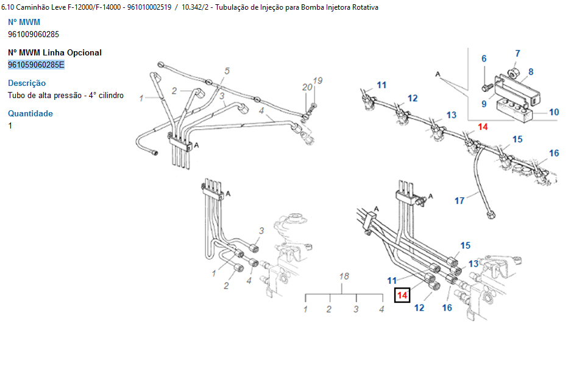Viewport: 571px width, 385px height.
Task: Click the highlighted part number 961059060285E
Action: (x=36, y=65)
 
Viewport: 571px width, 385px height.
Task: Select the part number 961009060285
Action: (x=34, y=34)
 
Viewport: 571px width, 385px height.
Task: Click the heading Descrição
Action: (x=27, y=83)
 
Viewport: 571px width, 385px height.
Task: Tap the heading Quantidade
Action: (x=30, y=113)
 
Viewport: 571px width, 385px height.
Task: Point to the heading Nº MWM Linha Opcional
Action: (x=55, y=52)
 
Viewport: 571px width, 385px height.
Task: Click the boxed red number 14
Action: (x=402, y=295)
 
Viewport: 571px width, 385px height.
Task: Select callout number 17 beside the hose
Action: (x=459, y=200)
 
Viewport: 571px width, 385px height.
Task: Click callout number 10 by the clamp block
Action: (x=553, y=112)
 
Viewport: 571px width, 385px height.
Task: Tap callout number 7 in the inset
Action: (x=517, y=54)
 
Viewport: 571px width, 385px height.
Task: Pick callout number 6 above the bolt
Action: (x=484, y=59)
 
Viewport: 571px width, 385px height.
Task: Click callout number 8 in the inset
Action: (x=531, y=72)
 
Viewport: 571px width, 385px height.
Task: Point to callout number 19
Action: (x=317, y=80)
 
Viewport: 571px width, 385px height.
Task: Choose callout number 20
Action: (x=306, y=87)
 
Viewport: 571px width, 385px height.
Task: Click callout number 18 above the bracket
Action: (x=344, y=277)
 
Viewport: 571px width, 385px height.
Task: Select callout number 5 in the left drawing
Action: (x=227, y=71)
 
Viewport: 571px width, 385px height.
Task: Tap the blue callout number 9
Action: (x=484, y=104)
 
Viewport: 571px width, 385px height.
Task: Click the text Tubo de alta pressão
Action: (x=46, y=95)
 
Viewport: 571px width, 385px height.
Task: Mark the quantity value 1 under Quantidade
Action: (x=10, y=125)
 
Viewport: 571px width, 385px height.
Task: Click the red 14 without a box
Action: (x=483, y=127)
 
